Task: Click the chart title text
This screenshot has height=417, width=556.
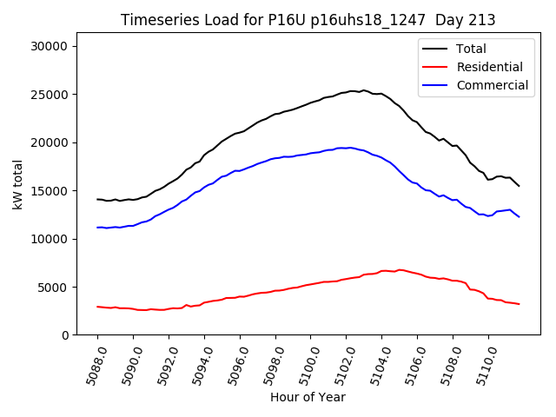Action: click(x=308, y=20)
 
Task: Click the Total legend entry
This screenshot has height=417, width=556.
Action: click(x=471, y=49)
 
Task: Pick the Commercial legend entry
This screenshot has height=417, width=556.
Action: click(x=492, y=85)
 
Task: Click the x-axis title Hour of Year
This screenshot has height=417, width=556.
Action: click(x=308, y=398)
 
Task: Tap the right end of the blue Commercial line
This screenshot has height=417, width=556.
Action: click(x=519, y=216)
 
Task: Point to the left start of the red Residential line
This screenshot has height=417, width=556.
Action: click(x=97, y=306)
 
